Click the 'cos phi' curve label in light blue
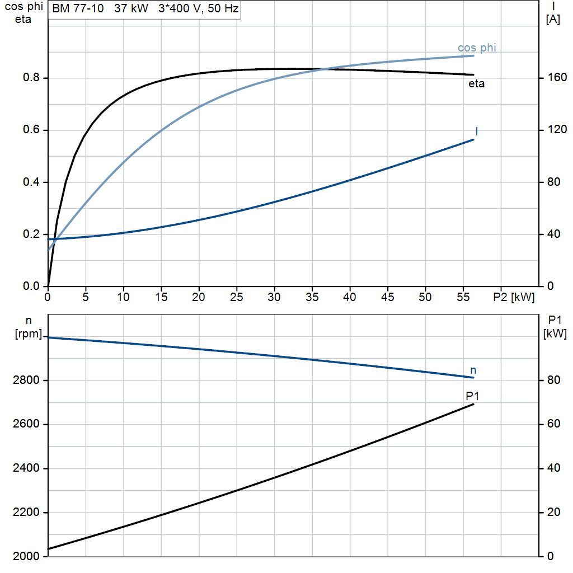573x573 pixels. point(477,48)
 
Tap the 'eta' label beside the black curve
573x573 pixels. point(477,84)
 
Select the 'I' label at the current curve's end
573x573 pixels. point(477,131)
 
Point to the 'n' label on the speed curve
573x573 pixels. point(473,370)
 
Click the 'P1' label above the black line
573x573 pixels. point(472,396)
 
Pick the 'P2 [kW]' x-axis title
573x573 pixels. point(514,298)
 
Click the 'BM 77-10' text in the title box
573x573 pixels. point(78,8)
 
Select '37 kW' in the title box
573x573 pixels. point(131,8)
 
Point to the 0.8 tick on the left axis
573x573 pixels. point(31,77)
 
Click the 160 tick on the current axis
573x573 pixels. point(557,77)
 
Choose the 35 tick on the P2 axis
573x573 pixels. point(312,297)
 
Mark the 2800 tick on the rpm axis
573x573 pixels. point(26,381)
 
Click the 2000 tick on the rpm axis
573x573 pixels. point(26,556)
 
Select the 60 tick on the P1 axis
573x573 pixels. point(553,424)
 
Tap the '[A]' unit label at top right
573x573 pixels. point(553,20)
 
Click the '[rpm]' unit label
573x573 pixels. point(29,334)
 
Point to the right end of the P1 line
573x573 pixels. point(473,404)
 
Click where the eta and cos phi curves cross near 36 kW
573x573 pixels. point(324,69)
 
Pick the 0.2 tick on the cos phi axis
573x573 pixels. point(31,234)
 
